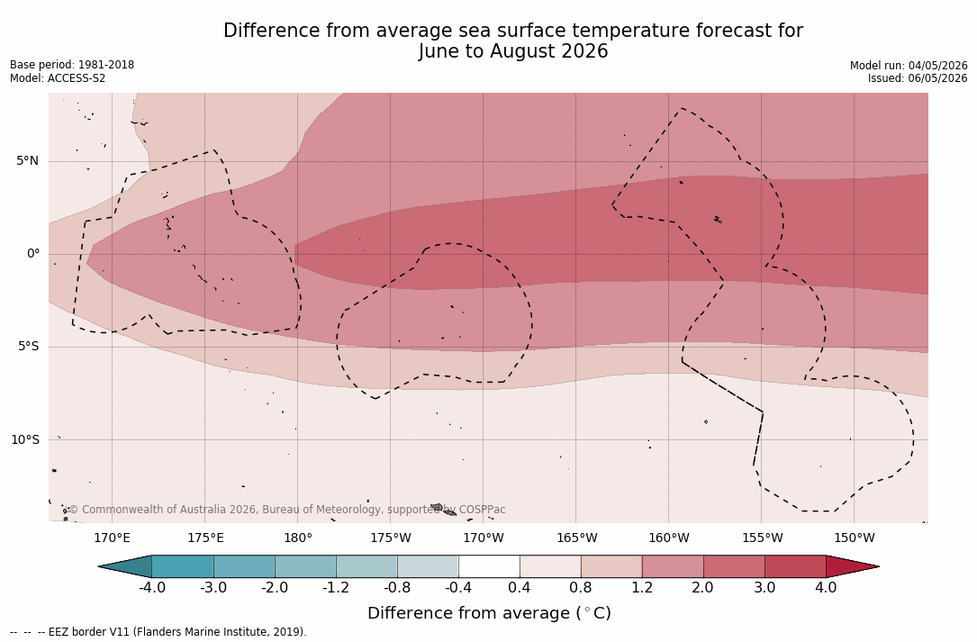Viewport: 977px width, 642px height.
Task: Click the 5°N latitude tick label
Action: click(x=27, y=161)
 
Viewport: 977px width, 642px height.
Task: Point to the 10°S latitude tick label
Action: click(x=25, y=440)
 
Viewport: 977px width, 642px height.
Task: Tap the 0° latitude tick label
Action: click(x=33, y=254)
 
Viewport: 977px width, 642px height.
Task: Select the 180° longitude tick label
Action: click(x=298, y=538)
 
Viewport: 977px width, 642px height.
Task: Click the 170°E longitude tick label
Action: click(x=113, y=538)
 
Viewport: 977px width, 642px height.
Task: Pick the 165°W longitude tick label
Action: click(x=576, y=538)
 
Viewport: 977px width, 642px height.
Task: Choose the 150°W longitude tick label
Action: click(x=855, y=538)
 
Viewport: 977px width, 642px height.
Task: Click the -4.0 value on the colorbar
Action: click(x=151, y=588)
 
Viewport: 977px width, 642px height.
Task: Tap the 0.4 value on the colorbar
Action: click(x=520, y=588)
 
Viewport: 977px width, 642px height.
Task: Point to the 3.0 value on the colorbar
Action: click(x=764, y=588)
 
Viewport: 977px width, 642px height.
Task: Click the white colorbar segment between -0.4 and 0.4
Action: click(x=489, y=566)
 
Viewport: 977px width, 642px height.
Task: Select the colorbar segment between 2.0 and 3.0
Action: click(x=734, y=566)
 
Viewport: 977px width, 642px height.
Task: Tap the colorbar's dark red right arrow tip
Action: click(x=878, y=566)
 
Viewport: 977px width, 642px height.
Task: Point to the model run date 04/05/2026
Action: click(x=937, y=66)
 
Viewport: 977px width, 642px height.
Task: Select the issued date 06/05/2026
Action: click(x=937, y=78)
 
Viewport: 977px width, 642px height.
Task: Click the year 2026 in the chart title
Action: click(x=584, y=51)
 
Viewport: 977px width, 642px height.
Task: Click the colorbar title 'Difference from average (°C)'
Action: click(x=489, y=613)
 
